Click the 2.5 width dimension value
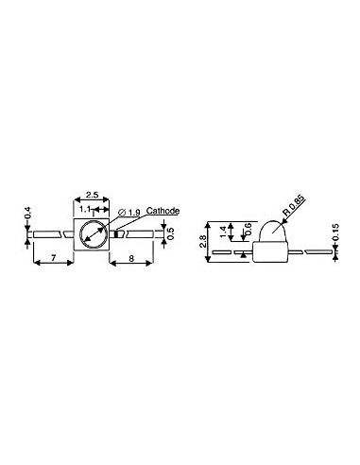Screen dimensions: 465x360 [94, 193]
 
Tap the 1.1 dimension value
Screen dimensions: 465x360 [85, 208]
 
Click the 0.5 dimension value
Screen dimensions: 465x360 [170, 232]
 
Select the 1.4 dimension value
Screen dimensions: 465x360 [223, 229]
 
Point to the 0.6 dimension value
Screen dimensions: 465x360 [248, 229]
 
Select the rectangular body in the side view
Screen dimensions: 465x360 [268, 250]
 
